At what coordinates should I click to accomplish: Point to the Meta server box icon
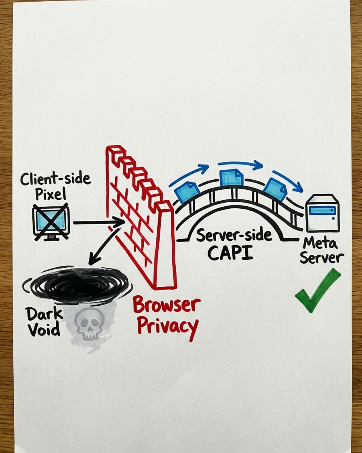[322, 213]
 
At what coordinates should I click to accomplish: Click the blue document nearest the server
[276, 189]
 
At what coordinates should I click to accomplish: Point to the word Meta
[320, 244]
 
